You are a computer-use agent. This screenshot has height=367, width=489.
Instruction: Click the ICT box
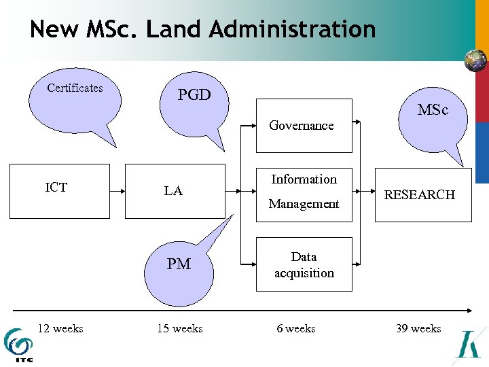58,191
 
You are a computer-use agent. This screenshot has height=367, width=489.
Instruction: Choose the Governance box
304,126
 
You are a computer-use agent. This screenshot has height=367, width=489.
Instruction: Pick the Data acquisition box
304,264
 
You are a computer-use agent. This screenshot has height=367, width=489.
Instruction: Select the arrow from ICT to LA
117,191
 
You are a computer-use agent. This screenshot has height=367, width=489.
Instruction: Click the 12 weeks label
60,329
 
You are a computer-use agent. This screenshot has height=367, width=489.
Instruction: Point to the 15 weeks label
180,329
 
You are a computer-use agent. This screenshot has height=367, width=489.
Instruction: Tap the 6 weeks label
296,329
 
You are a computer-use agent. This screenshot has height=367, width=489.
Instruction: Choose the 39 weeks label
418,329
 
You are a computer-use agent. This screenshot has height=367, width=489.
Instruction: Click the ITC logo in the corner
18,345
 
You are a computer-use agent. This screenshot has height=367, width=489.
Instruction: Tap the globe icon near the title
475,61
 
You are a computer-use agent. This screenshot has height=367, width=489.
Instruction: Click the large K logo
471,345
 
